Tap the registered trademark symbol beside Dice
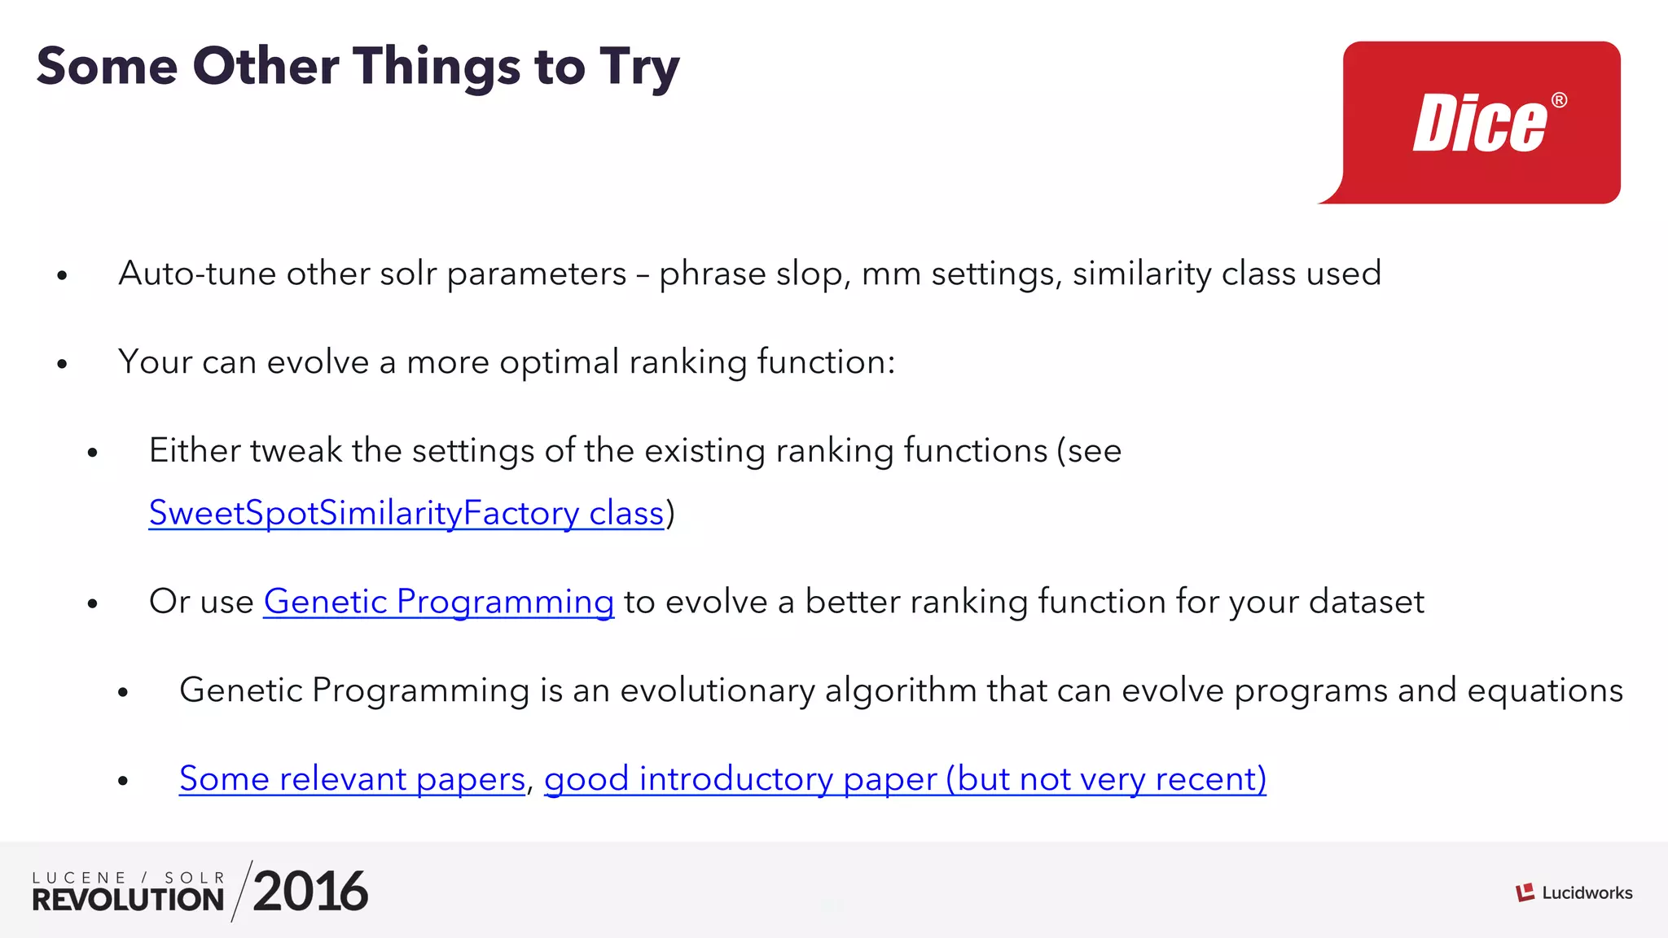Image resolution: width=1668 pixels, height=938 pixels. (1559, 100)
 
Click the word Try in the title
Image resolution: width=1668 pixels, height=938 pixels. (639, 67)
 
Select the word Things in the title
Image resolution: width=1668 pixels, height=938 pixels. (436, 67)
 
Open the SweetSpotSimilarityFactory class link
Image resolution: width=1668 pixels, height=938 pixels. (406, 513)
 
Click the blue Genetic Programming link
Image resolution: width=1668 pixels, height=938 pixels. (438, 602)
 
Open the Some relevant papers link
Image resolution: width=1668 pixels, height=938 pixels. (352, 779)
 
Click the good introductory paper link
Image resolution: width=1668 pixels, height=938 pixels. (904, 779)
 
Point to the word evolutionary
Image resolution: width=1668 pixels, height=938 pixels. (717, 690)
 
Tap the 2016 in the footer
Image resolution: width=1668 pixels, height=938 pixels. (310, 892)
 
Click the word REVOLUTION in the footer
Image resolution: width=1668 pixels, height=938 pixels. (128, 900)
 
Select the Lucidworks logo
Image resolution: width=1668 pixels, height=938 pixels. (1574, 892)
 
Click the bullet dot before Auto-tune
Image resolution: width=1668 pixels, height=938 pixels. (62, 276)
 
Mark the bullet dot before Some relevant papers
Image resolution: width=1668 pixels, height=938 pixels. (123, 781)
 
